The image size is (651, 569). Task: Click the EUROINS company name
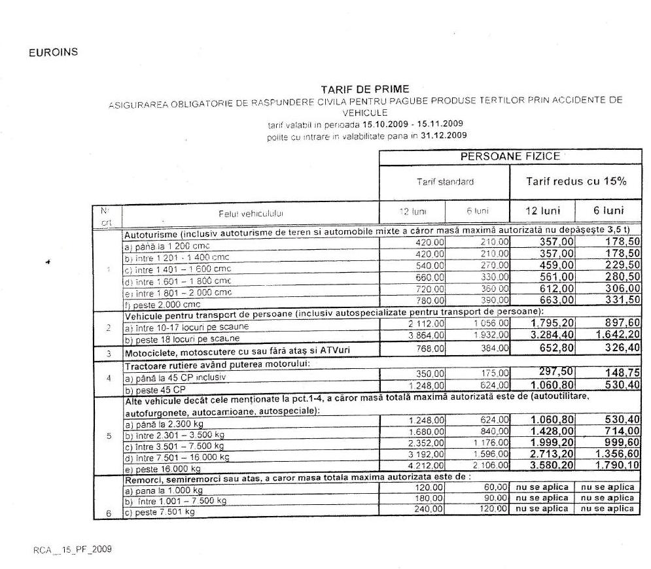click(x=54, y=53)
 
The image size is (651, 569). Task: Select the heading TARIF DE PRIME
click(x=365, y=89)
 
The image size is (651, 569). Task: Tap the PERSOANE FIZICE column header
click(x=510, y=157)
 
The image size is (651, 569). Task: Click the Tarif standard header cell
click(x=445, y=182)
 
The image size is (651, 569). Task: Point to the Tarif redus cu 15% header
click(x=576, y=181)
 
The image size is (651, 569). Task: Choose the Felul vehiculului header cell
click(x=251, y=213)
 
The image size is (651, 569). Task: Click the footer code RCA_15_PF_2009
click(x=73, y=549)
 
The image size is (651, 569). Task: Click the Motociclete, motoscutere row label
click(x=238, y=351)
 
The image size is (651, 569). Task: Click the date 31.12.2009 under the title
click(x=446, y=136)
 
